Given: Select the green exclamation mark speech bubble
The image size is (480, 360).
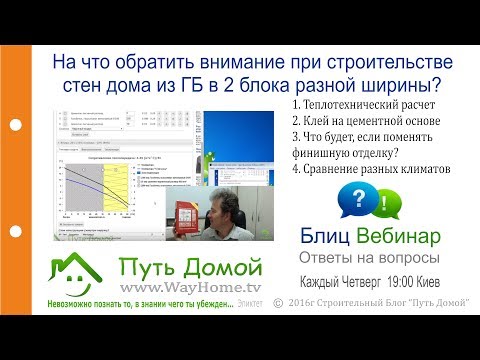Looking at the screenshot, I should (x=383, y=206).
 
